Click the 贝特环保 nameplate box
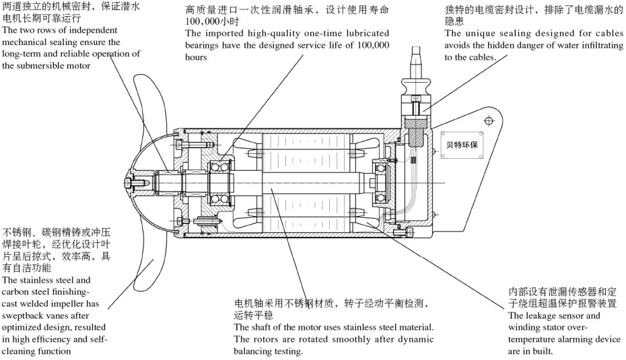pyautogui.click(x=459, y=144)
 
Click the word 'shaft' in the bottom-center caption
pyautogui.click(x=263, y=327)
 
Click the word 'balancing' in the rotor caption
pyautogui.click(x=253, y=351)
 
